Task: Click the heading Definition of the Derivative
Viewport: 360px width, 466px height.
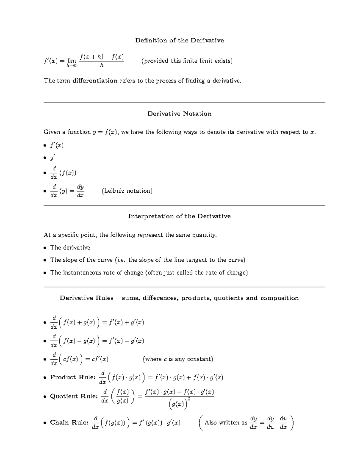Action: [x=179, y=41]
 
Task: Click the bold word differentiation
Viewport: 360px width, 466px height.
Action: [x=95, y=81]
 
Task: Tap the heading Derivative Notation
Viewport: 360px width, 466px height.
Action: [x=179, y=114]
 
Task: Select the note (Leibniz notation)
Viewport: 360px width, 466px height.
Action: [x=127, y=191]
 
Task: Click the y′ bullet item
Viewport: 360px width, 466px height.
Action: [x=52, y=158]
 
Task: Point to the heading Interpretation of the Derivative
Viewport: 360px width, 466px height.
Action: [x=179, y=216]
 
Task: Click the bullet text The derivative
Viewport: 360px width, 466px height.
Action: [x=70, y=248]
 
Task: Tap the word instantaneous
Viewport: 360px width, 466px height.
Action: [x=82, y=273]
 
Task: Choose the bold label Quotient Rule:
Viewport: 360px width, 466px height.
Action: [x=74, y=396]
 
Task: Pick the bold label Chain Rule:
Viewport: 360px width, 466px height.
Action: [x=69, y=422]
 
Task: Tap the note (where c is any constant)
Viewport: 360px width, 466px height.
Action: [x=178, y=359]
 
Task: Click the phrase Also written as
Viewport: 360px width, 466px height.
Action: [x=226, y=422]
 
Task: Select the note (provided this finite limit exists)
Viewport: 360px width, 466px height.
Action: [x=187, y=61]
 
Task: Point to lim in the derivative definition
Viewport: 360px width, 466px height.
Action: [x=71, y=61]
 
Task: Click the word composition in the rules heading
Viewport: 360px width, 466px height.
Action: [x=279, y=298]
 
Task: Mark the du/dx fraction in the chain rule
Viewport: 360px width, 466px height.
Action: [x=283, y=422]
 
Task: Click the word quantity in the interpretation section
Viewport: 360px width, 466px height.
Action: [x=205, y=235]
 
